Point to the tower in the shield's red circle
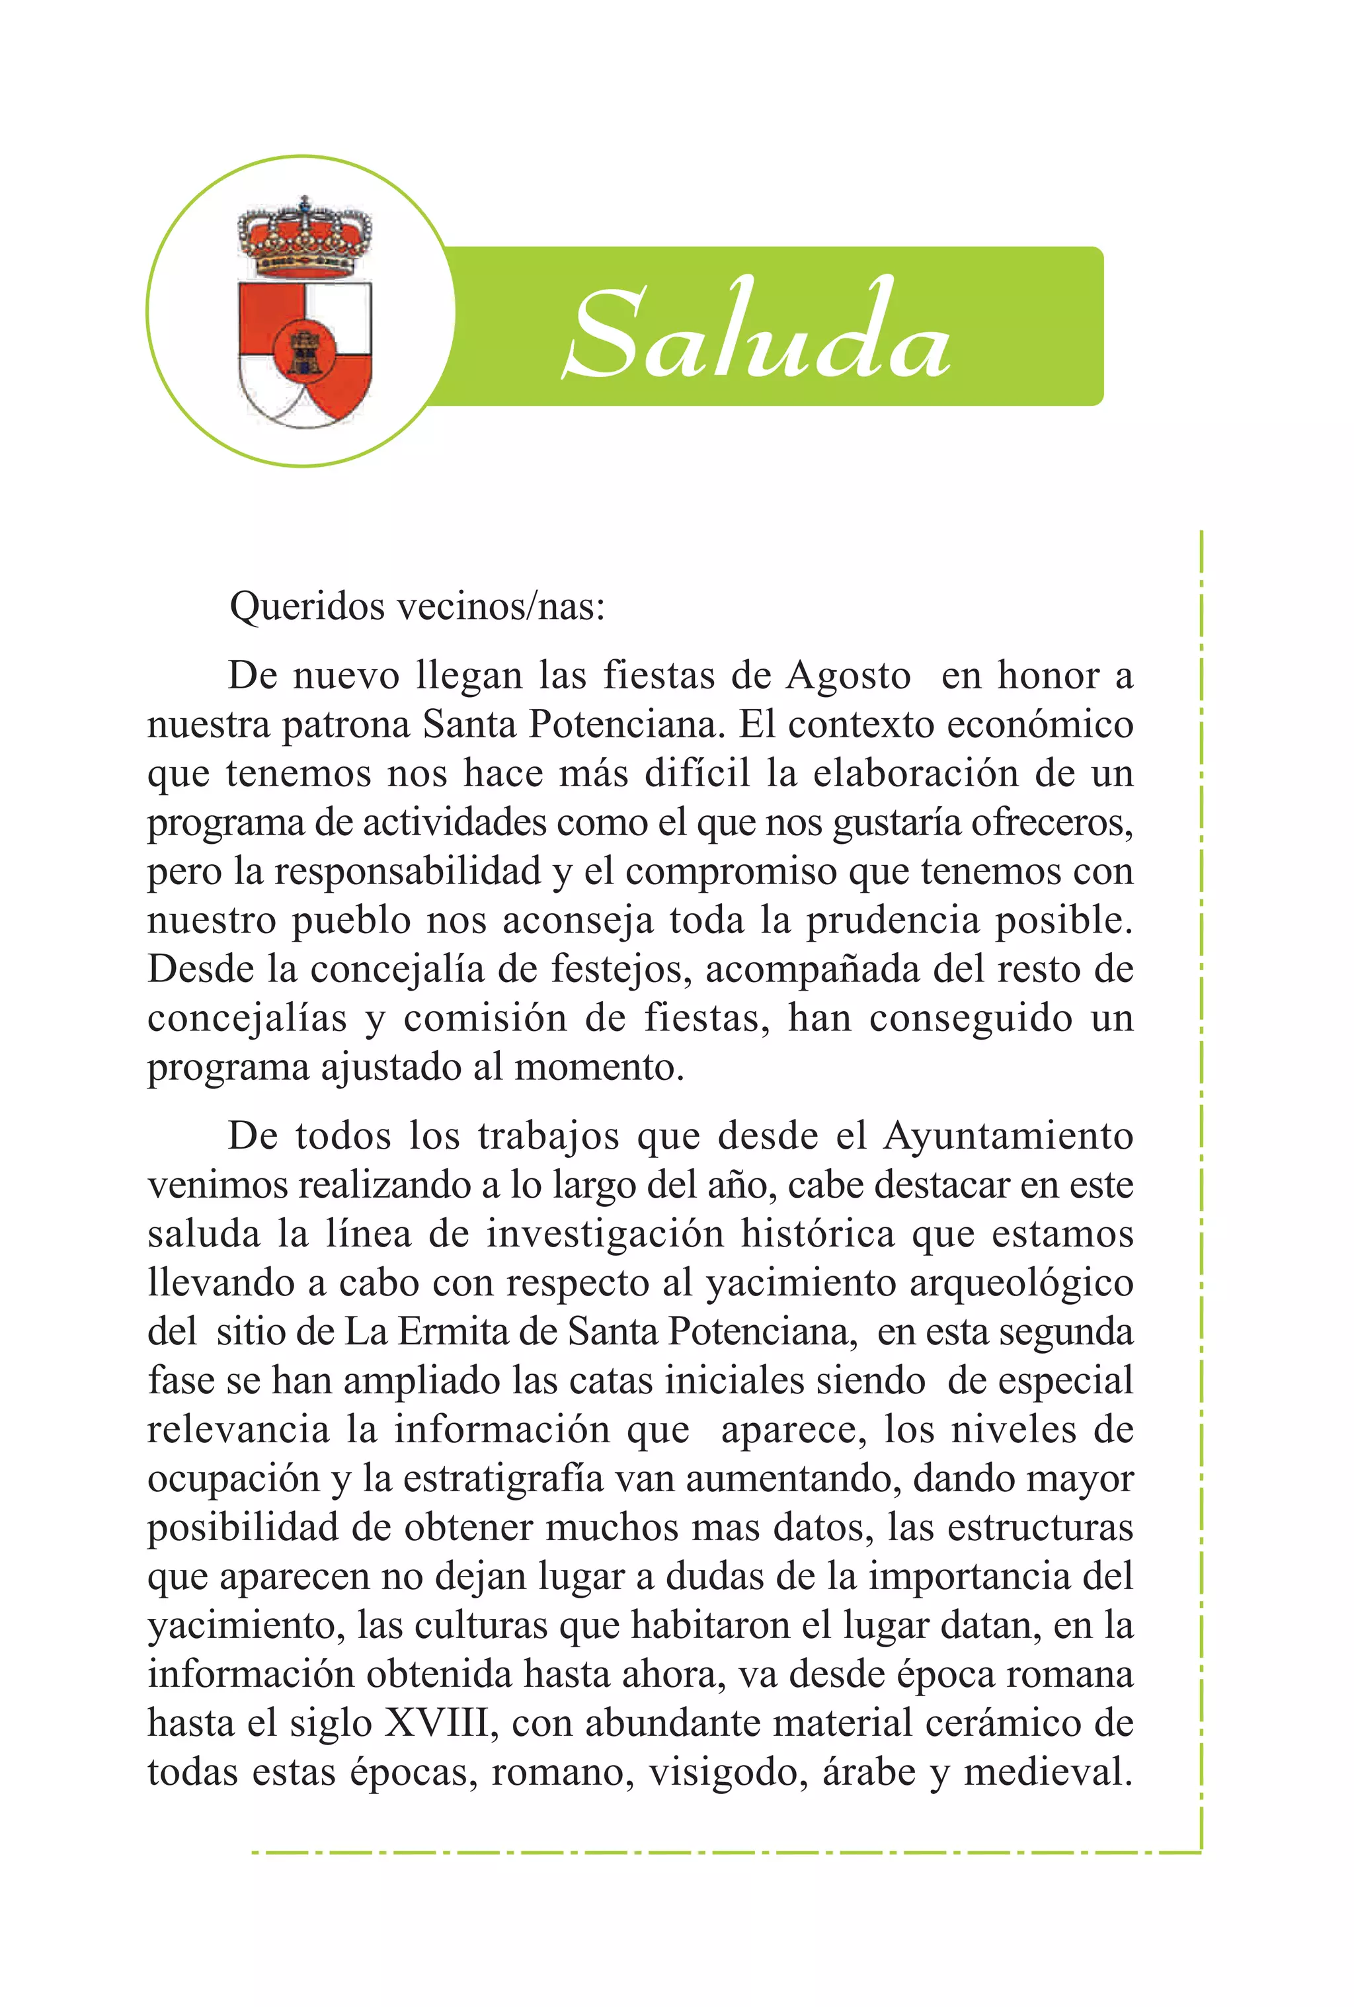pyautogui.click(x=304, y=350)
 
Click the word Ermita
pyautogui.click(x=452, y=1332)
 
